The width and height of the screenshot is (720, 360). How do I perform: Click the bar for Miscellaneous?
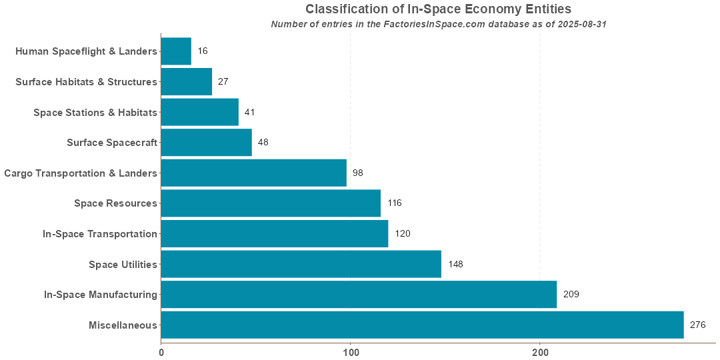[422, 325]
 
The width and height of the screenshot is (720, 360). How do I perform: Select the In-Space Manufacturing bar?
[359, 294]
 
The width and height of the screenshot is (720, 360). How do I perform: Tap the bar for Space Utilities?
[301, 264]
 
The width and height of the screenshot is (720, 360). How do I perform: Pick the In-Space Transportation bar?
[274, 233]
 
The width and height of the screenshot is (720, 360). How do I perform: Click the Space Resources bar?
[271, 203]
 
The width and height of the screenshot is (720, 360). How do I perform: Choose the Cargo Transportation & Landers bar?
[253, 173]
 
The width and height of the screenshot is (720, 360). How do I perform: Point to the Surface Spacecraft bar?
[206, 142]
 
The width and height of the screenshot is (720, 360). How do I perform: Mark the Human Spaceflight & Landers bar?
[176, 51]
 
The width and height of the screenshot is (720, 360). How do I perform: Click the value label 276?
[697, 325]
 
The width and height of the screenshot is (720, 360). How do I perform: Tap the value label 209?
[571, 294]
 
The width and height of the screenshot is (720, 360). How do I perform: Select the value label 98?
[358, 173]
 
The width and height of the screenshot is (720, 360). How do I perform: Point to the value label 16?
[203, 51]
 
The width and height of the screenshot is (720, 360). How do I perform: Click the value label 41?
[250, 112]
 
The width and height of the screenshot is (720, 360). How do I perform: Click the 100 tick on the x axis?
[351, 351]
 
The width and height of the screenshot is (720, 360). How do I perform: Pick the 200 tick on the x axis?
[540, 351]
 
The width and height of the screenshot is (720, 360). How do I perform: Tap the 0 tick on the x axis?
[161, 351]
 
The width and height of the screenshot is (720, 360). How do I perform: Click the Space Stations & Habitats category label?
[95, 112]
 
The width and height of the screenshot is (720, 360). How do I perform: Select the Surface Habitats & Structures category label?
[86, 81]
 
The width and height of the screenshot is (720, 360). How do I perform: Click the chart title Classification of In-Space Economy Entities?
[438, 9]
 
